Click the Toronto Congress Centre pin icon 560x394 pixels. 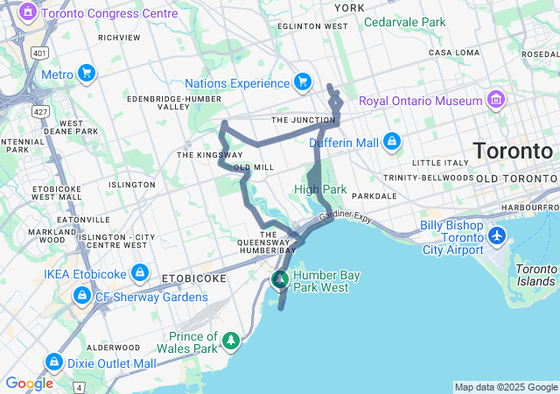coord(28,13)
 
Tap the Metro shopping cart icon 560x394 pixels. coord(86,74)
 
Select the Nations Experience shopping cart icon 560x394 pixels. coord(302,82)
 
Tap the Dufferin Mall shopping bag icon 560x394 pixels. coord(390,141)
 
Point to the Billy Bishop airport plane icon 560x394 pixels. coord(497,236)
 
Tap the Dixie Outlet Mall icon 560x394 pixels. coord(54,362)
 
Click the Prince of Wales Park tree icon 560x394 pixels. coord(231,339)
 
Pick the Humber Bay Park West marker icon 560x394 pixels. coord(280,280)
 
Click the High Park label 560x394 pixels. coord(320,189)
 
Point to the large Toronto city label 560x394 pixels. coord(513,151)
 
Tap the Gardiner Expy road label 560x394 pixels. coord(346,215)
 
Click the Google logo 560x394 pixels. coord(29,383)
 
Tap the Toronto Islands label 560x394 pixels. coord(535,275)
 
